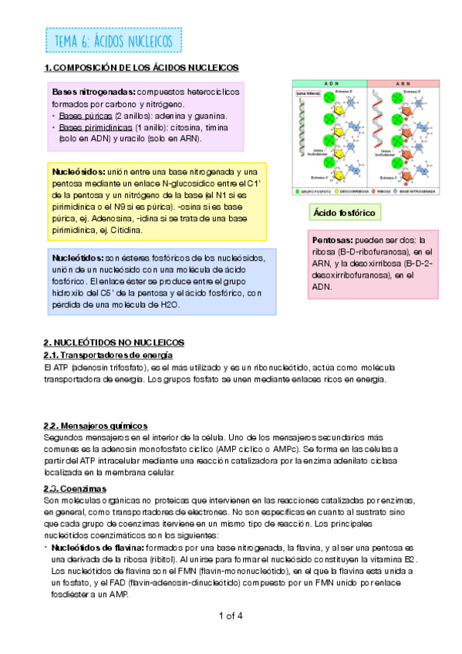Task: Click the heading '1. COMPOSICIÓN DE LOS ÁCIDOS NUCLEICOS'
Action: [141, 69]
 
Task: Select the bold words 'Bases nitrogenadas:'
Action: [93, 92]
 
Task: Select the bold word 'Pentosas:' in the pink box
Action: [333, 241]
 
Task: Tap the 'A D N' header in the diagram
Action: [331, 83]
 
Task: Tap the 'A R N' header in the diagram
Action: [402, 83]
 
